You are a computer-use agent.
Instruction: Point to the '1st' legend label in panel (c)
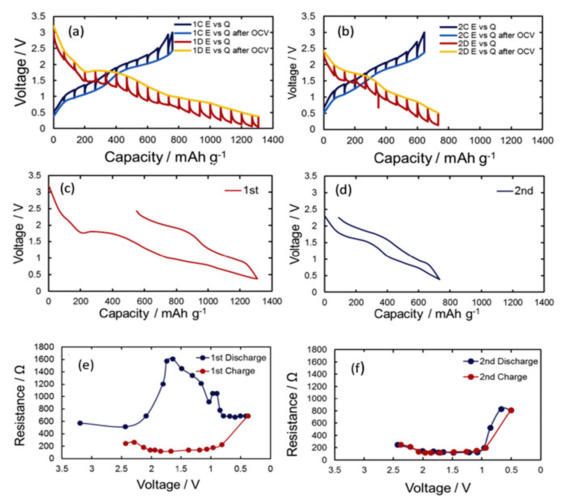point(251,191)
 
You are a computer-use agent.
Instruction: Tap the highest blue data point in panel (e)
point(173,359)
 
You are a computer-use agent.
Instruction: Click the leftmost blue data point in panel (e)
point(80,423)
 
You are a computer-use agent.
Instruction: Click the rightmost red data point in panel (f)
point(511,410)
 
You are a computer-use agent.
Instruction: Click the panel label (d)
point(343,191)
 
